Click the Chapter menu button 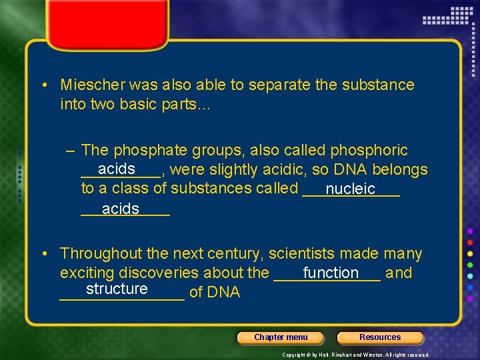point(281,337)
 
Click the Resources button point(380,337)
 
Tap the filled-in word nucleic point(351,189)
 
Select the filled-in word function point(331,273)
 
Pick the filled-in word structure point(117,289)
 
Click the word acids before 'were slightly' point(117,169)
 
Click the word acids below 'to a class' point(121,209)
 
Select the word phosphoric point(369,151)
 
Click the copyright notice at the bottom point(356,355)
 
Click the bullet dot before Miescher point(43,85)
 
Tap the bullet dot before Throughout point(43,254)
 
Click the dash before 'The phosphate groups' point(71,151)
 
